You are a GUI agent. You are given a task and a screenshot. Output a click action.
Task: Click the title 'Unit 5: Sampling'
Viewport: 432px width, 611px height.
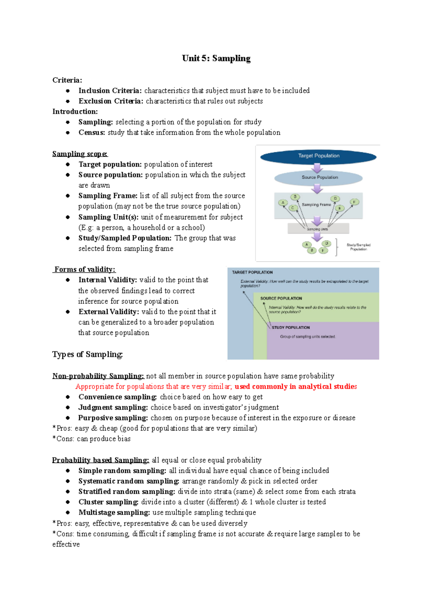tap(216, 58)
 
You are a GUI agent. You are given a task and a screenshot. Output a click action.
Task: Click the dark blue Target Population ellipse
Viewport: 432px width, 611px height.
tap(318, 156)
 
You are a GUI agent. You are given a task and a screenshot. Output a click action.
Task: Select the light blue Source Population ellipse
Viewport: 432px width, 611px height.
tap(318, 177)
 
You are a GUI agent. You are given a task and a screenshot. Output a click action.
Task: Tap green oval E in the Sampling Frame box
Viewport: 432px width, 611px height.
tap(339, 208)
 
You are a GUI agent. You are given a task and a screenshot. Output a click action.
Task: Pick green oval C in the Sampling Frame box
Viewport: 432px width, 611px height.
tap(293, 208)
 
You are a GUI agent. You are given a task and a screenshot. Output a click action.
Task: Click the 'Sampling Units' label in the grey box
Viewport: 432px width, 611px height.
tap(318, 229)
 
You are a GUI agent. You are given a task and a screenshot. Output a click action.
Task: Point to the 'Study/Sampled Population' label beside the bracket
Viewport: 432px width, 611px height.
tap(358, 247)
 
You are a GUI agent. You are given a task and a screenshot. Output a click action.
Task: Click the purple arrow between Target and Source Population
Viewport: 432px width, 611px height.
tap(317, 167)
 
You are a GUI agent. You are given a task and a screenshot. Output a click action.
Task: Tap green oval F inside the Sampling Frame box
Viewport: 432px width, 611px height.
tap(354, 202)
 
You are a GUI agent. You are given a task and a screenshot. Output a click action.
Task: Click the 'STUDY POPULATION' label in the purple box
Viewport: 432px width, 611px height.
tap(291, 327)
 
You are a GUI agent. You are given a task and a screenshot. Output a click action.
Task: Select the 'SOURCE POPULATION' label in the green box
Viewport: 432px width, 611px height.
tap(281, 298)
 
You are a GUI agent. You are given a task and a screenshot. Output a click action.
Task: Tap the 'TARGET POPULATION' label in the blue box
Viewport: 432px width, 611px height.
tap(252, 272)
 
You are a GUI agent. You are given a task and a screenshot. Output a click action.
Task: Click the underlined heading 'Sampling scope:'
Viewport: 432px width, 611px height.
tap(80, 154)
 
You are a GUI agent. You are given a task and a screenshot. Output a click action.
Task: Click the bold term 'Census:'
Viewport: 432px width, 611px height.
tap(92, 132)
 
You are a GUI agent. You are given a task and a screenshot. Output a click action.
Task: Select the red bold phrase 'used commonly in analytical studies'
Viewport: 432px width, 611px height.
tap(296, 386)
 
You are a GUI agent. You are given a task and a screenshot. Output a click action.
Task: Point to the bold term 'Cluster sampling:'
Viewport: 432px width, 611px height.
tap(108, 502)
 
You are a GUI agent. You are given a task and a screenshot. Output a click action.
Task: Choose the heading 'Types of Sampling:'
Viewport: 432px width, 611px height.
tap(87, 354)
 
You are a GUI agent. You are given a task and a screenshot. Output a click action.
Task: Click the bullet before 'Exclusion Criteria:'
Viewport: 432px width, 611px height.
tap(68, 101)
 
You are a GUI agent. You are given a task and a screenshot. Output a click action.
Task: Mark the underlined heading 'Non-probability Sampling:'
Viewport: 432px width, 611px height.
tap(98, 376)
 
